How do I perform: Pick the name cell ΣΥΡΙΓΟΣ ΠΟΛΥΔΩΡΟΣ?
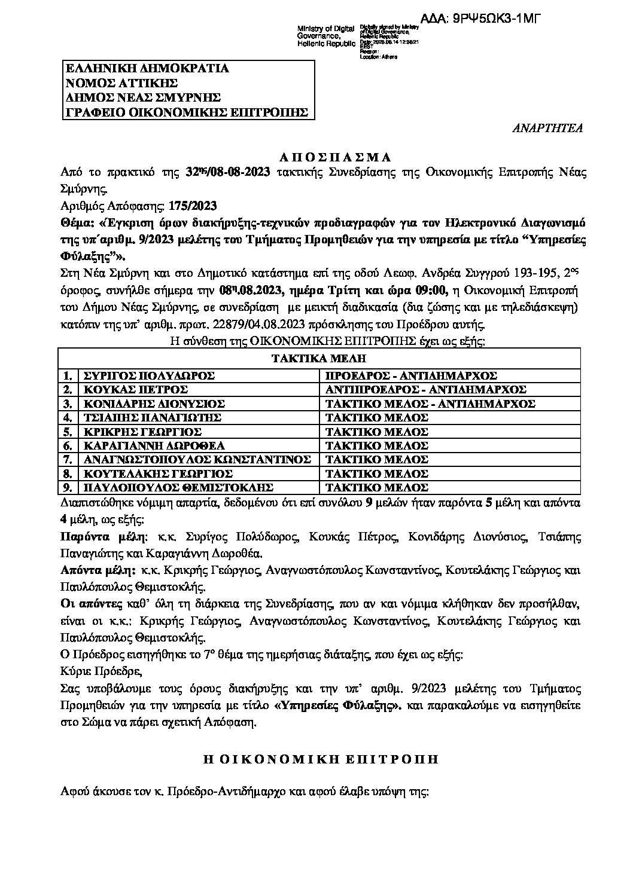(x=149, y=376)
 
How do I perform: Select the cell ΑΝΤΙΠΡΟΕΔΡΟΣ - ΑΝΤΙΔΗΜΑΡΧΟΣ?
(x=425, y=390)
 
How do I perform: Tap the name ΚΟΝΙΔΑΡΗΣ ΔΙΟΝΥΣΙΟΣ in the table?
(x=154, y=404)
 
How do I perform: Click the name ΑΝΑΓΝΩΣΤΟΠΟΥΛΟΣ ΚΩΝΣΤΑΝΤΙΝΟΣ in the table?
(x=197, y=459)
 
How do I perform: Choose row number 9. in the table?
(x=68, y=487)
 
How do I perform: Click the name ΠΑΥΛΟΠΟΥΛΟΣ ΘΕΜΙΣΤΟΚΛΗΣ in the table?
(x=178, y=487)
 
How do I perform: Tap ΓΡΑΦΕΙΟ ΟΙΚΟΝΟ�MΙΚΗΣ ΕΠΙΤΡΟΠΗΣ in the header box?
(x=187, y=112)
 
